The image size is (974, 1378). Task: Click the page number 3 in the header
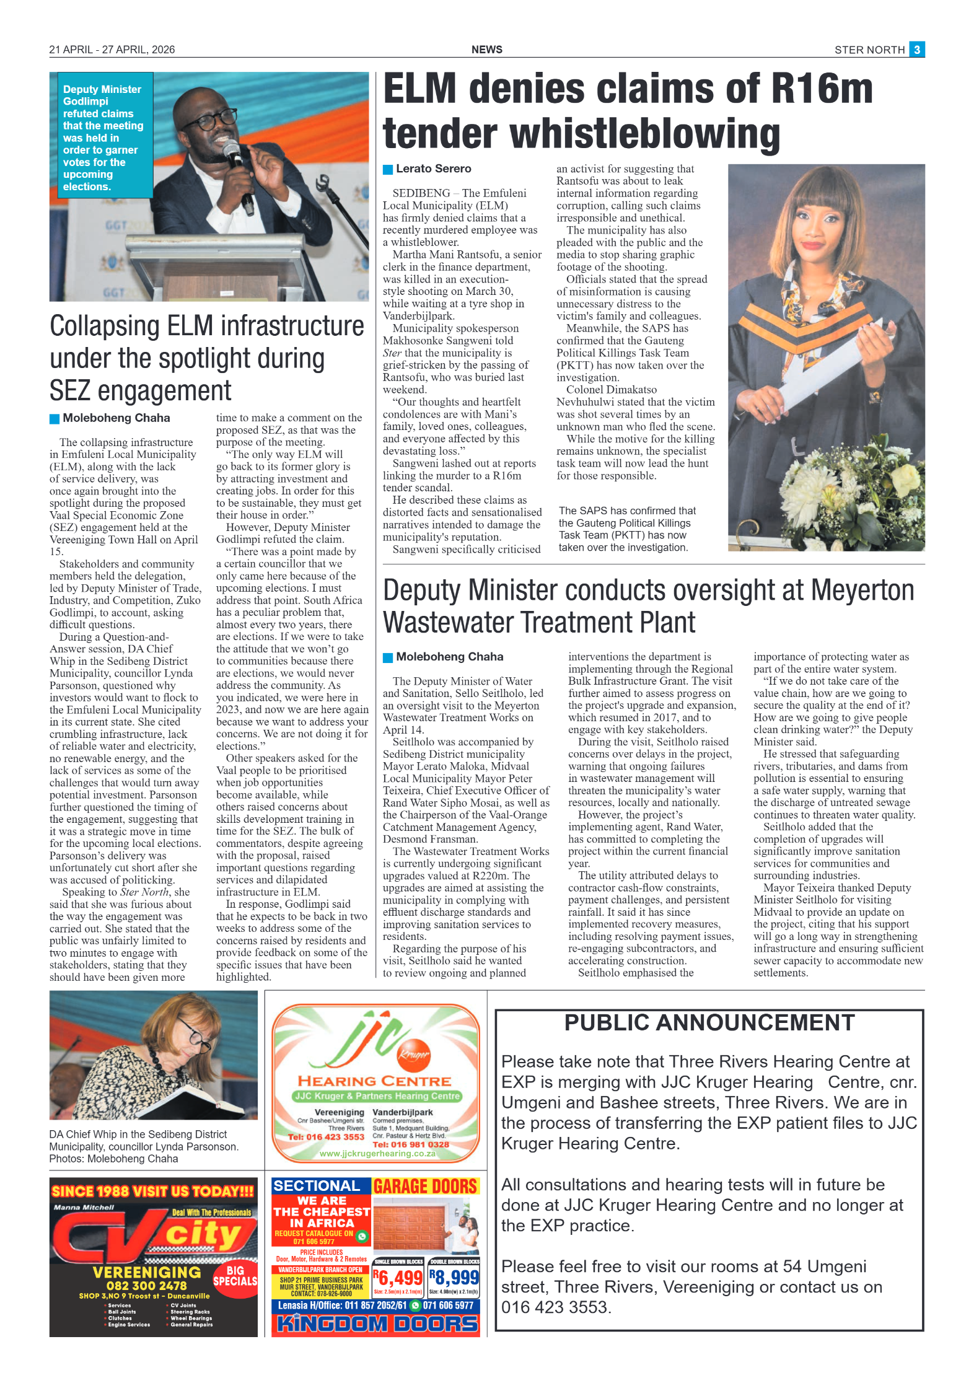[916, 50]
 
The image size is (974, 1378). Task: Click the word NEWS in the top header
[486, 50]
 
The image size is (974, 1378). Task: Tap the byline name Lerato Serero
[433, 169]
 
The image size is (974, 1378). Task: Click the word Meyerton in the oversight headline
[862, 590]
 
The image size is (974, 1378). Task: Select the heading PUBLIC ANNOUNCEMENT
[709, 1023]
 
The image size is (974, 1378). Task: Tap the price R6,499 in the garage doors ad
[398, 1278]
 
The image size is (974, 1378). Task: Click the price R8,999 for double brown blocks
[454, 1278]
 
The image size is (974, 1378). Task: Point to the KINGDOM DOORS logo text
[376, 1324]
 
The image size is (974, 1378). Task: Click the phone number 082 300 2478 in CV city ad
[146, 1286]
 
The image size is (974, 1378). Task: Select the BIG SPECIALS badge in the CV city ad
[235, 1276]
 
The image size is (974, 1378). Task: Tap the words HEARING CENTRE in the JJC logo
[374, 1081]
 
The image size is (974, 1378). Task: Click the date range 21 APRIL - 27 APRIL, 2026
[112, 50]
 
